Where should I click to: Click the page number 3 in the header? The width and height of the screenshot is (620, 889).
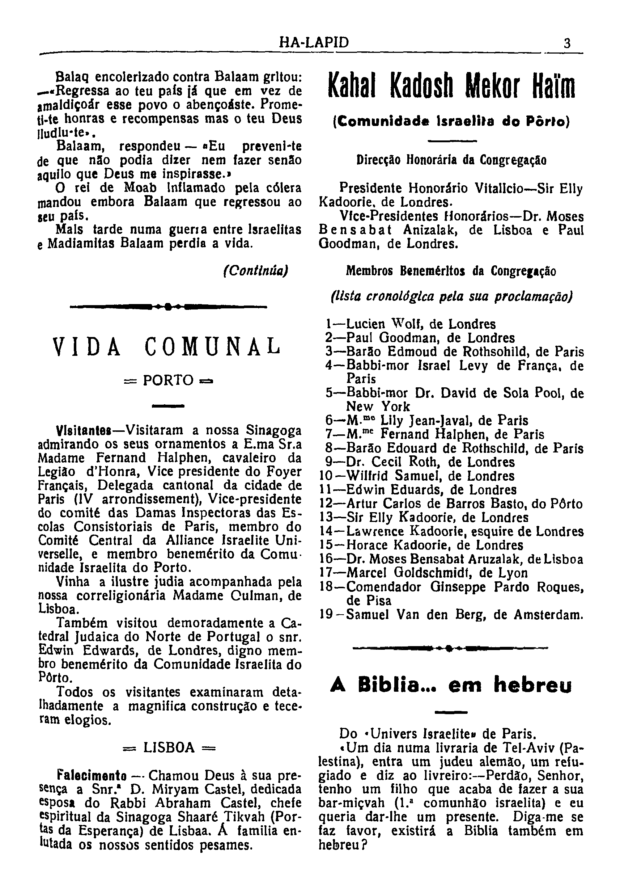[x=567, y=43]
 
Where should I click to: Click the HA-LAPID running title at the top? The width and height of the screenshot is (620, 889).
[x=314, y=42]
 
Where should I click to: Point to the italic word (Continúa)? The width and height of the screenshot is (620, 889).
[x=256, y=270]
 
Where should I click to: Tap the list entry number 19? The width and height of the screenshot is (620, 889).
[x=327, y=615]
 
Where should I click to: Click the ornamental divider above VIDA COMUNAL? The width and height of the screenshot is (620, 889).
[x=168, y=307]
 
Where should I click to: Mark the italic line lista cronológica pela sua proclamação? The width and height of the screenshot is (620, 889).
[x=451, y=296]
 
